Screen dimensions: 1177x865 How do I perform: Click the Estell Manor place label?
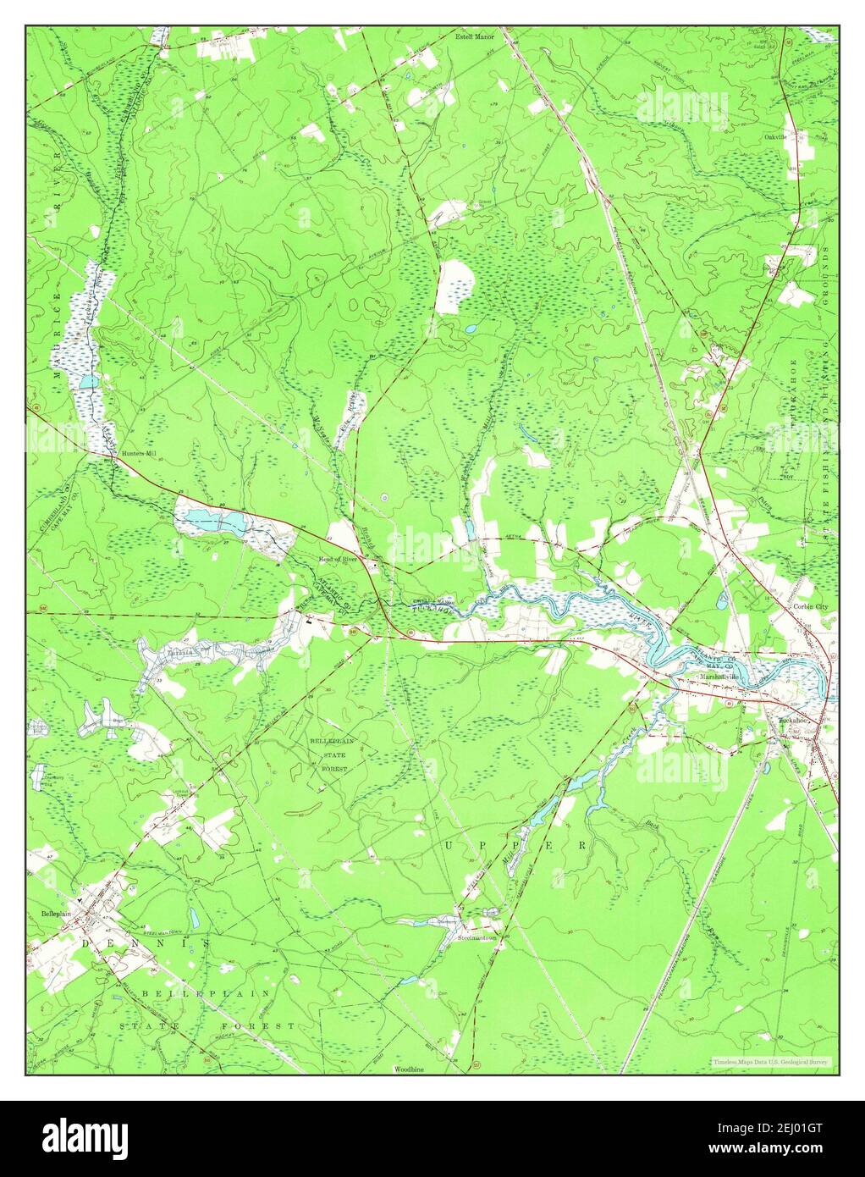click(x=473, y=37)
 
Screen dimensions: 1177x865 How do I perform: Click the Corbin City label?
click(x=809, y=607)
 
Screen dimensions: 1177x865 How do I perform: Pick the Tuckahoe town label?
click(x=794, y=721)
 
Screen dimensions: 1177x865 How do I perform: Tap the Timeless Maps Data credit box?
click(x=770, y=1061)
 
